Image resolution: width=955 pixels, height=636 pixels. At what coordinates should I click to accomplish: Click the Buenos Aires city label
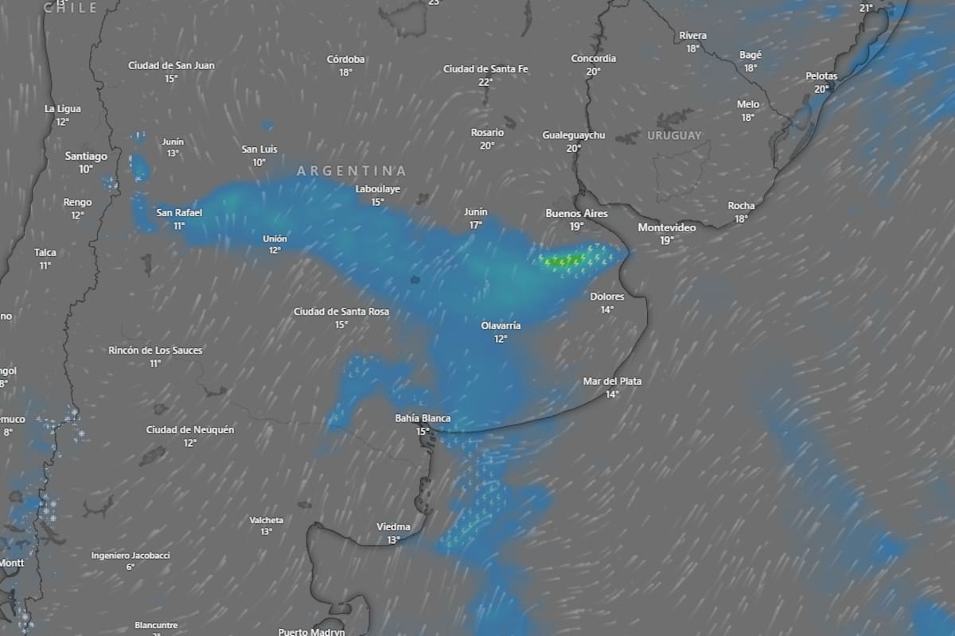576,214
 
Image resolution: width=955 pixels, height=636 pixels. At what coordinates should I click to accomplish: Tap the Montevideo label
667,228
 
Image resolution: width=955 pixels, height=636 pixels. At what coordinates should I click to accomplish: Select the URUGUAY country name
674,136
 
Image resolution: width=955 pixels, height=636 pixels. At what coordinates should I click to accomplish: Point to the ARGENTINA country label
351,171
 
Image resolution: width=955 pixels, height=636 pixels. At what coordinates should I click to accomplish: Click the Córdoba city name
345,60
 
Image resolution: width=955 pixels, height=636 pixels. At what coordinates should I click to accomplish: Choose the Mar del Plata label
612,382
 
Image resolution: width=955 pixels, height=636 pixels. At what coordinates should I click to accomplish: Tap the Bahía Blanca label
423,419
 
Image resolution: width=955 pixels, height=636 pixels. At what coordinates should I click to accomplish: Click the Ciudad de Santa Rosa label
341,312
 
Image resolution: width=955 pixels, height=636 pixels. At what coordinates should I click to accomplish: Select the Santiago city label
86,157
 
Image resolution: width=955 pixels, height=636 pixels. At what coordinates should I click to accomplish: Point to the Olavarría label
501,326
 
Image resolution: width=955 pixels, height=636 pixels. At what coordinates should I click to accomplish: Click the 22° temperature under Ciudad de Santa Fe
485,82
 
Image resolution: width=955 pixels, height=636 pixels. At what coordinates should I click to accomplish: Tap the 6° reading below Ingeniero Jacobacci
130,567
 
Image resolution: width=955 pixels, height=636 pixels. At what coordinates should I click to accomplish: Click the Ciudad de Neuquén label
190,430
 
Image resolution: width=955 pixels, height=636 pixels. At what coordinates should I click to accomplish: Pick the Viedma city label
393,527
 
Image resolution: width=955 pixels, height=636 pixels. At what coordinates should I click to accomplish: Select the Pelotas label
821,76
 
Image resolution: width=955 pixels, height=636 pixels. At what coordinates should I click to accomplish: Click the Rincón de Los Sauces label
155,351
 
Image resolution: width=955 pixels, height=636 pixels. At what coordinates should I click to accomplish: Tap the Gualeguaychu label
573,136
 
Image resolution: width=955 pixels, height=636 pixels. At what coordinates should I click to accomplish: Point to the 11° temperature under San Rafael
179,226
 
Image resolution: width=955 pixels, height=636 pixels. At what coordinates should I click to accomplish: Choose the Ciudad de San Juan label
171,66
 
